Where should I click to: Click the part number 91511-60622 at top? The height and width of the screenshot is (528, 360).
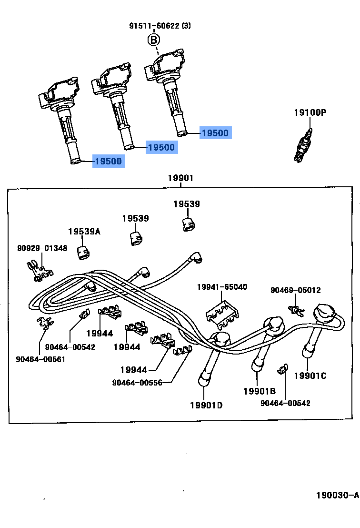[154, 26]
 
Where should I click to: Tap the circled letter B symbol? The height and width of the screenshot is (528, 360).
[153, 40]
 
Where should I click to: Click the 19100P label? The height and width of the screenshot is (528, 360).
[310, 113]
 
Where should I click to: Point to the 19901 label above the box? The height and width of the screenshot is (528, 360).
[180, 178]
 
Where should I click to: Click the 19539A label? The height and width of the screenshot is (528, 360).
[84, 231]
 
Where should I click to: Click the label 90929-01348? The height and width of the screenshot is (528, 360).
[42, 248]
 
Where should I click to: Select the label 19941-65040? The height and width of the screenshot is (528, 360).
[222, 287]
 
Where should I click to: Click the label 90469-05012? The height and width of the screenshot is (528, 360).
[295, 290]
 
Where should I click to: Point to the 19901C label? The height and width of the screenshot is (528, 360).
[310, 376]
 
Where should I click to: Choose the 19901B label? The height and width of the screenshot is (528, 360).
[260, 391]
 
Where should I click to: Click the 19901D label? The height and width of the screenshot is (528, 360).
[206, 406]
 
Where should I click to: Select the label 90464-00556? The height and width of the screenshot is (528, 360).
[137, 383]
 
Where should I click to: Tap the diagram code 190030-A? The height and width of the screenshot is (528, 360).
[337, 495]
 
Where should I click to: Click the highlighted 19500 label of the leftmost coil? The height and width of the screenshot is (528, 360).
[108, 162]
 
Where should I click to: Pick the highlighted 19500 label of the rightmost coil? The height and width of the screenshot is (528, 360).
[215, 133]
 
